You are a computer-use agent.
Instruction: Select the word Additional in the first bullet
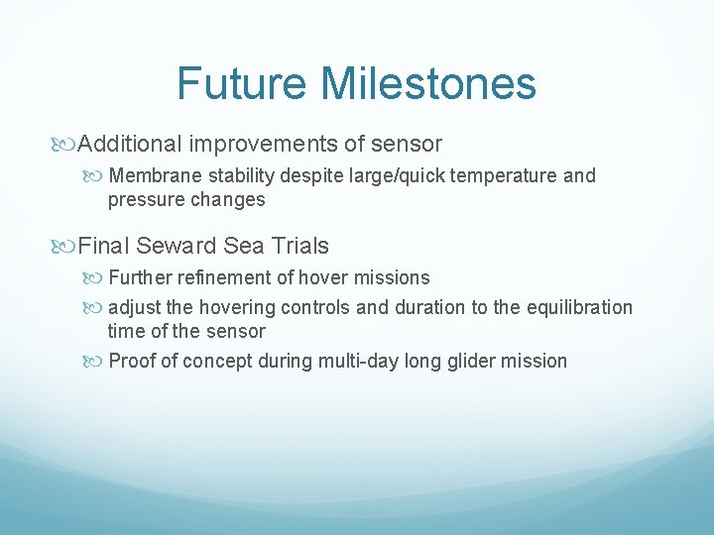[130, 144]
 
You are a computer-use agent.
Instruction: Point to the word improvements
[263, 144]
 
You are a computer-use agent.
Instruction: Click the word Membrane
[152, 176]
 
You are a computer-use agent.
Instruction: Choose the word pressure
[145, 199]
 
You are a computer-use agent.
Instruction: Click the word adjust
[135, 307]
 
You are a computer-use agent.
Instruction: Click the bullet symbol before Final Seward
[67, 245]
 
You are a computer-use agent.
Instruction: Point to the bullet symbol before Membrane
[97, 176]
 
